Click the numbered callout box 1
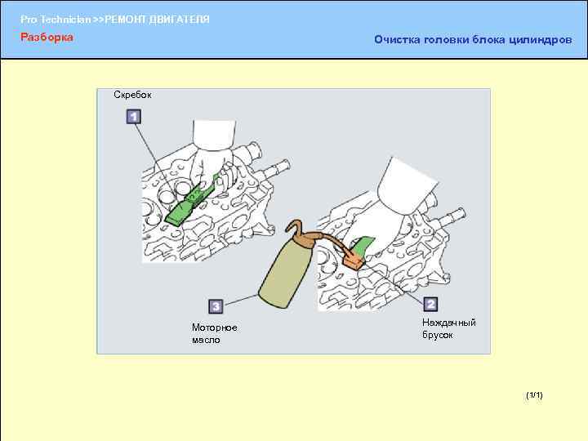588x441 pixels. [x=133, y=116]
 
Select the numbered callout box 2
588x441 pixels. [x=430, y=304]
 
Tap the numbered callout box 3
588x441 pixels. [x=216, y=306]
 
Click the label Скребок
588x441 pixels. [x=132, y=95]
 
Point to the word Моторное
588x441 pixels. [x=215, y=327]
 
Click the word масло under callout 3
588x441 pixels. [x=206, y=340]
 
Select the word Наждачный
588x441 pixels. [x=449, y=323]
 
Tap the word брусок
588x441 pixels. [x=437, y=335]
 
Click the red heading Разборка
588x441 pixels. [x=47, y=37]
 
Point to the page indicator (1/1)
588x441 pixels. [x=534, y=395]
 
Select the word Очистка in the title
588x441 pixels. [x=397, y=39]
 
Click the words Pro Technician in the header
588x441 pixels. [x=56, y=20]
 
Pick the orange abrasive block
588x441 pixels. [x=354, y=261]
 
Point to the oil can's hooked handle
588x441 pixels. [x=293, y=228]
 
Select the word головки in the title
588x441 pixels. [x=446, y=40]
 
